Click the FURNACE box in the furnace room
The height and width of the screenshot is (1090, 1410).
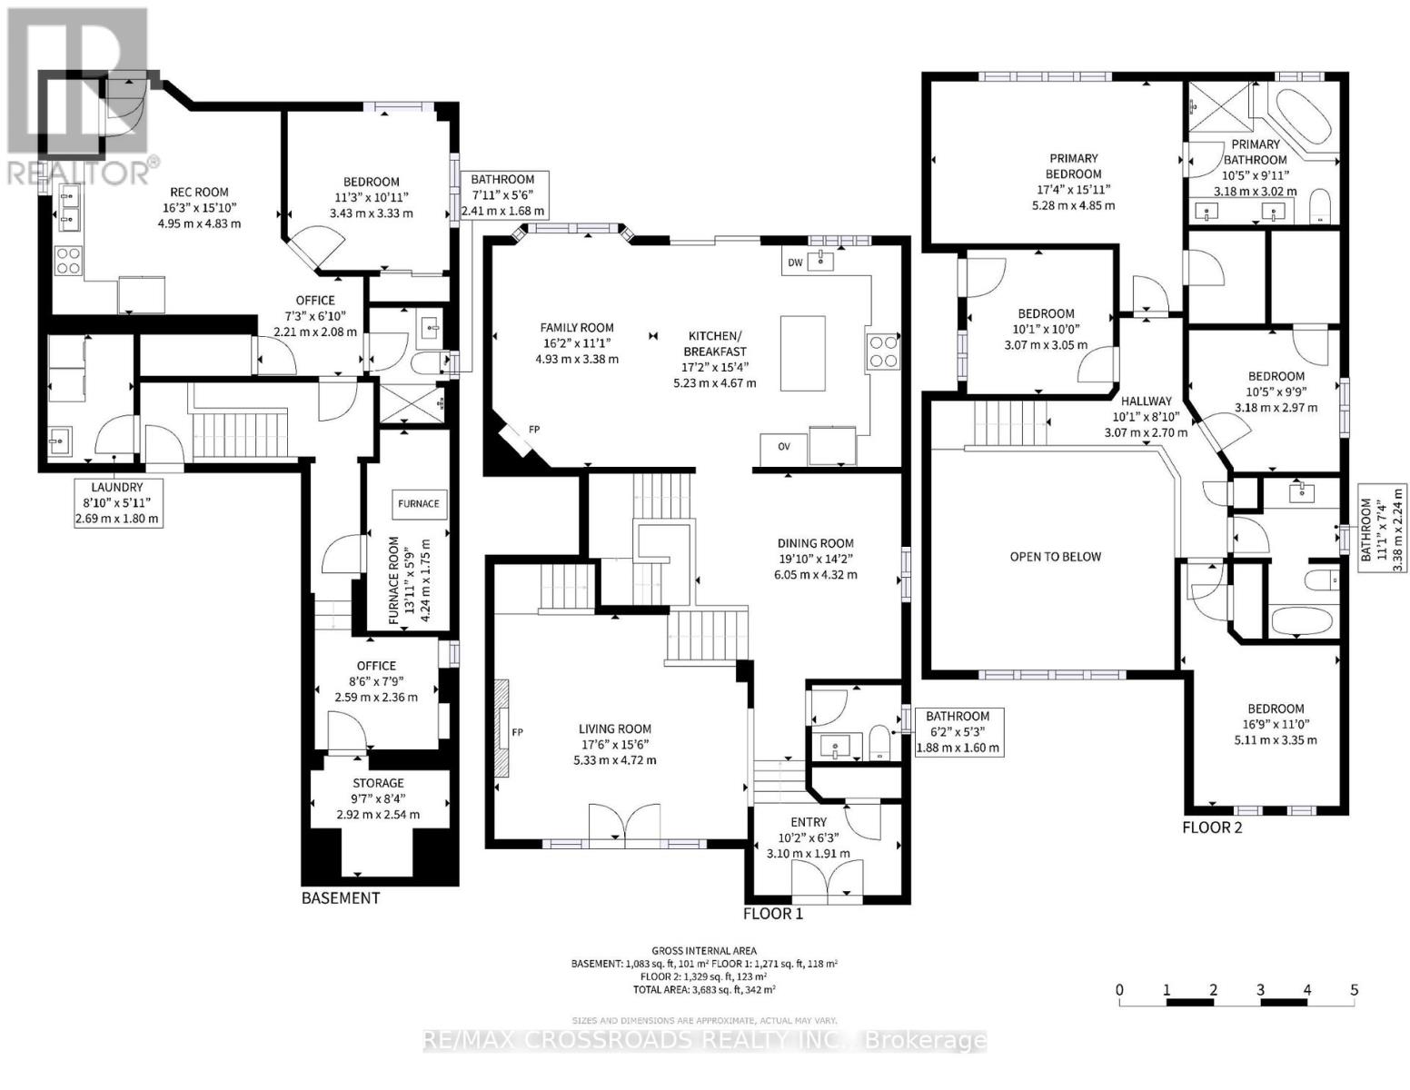(418, 503)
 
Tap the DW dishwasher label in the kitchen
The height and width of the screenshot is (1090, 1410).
(795, 263)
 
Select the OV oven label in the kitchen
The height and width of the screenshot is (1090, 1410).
(783, 446)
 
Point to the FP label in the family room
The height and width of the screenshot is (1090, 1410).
(534, 430)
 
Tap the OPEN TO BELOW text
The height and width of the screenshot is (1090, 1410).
(1055, 557)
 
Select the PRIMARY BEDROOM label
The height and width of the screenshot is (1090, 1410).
(1073, 166)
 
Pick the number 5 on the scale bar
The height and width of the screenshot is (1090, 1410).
(1354, 990)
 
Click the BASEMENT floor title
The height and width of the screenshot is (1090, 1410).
(341, 898)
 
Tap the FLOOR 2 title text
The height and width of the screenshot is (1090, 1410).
(1211, 827)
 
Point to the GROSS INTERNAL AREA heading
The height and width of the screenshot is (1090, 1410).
(704, 950)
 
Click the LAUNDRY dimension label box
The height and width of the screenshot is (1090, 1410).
(117, 503)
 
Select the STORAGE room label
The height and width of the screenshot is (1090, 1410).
(378, 783)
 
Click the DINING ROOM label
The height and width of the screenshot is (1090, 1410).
(815, 543)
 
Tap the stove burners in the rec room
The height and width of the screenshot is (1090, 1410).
(68, 261)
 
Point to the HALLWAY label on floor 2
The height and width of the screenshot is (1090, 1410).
(1146, 401)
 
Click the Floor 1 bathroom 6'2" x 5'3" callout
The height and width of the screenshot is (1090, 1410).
(958, 732)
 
